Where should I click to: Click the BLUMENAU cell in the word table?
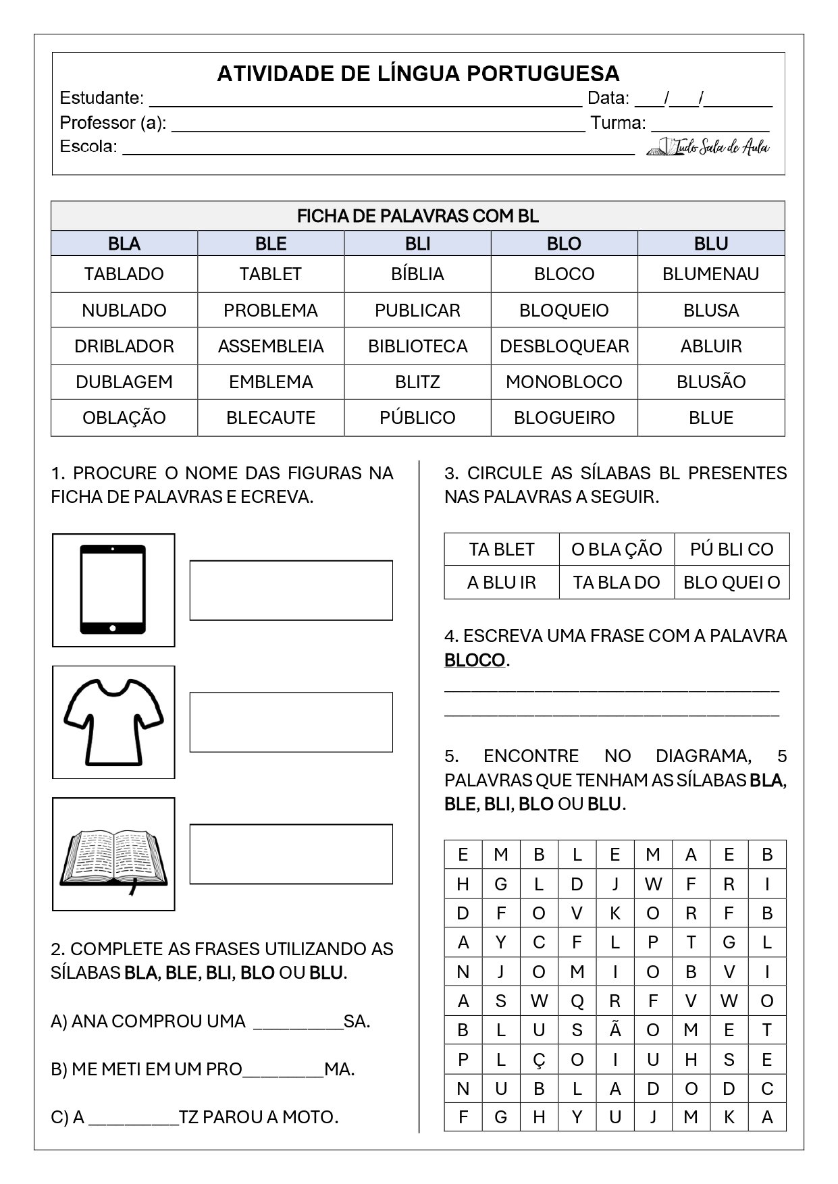(710, 274)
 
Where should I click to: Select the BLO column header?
(564, 244)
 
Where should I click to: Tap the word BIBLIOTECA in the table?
(417, 346)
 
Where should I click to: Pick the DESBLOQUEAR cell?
(564, 346)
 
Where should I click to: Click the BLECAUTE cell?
(271, 418)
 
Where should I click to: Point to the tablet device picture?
(113, 589)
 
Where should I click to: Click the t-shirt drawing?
(113, 721)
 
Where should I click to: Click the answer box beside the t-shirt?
(291, 722)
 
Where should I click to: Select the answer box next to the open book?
(291, 853)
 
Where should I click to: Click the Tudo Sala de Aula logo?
(708, 146)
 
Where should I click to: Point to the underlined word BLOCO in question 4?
(475, 660)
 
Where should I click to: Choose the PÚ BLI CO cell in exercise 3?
(731, 549)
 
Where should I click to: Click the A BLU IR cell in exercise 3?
(501, 583)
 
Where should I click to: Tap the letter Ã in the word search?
(614, 1030)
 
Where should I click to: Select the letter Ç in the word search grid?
(539, 1060)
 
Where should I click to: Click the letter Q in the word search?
(577, 1001)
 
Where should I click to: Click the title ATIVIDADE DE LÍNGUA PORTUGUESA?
(418, 74)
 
